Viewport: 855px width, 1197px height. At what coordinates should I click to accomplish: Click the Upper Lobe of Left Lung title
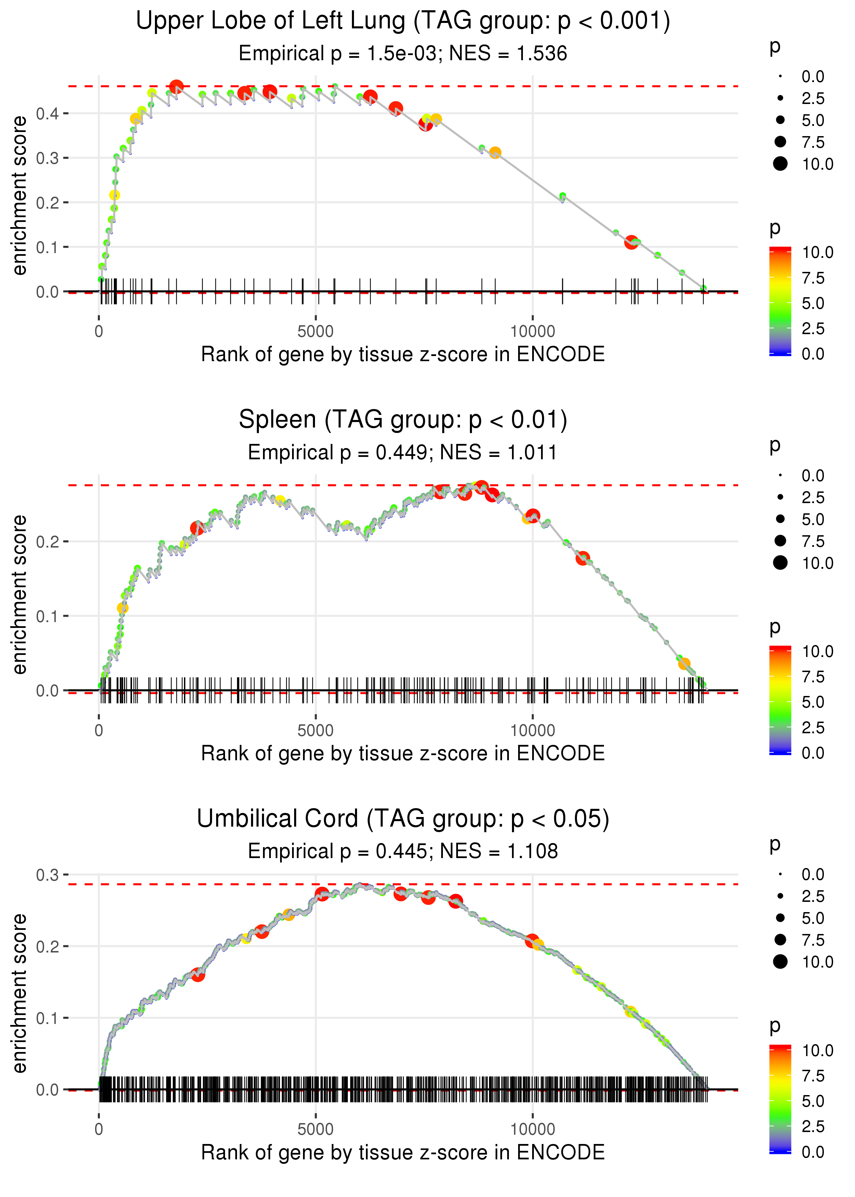(403, 21)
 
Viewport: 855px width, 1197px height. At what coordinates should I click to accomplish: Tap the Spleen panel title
(403, 420)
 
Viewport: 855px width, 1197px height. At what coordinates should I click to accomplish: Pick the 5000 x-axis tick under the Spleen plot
(315, 731)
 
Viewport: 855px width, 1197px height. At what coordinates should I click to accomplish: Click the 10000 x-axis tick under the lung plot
(532, 332)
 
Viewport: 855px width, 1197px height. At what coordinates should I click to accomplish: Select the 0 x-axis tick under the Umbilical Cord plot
(99, 1129)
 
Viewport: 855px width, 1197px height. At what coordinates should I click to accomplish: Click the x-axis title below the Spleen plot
(403, 753)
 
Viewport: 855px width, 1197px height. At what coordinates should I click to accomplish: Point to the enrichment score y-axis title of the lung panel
(19, 195)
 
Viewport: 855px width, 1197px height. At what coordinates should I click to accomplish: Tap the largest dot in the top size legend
(780, 164)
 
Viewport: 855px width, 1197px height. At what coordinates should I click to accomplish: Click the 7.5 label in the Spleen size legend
(813, 541)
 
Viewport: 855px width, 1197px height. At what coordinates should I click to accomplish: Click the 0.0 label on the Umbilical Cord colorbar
(813, 1152)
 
